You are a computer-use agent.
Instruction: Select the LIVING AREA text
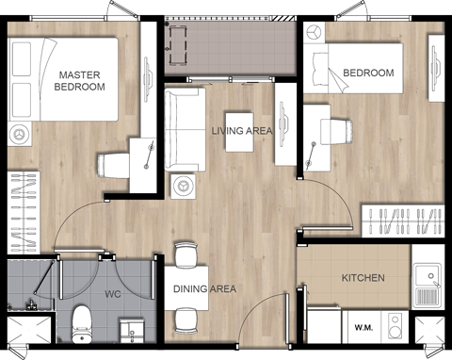click(x=242, y=132)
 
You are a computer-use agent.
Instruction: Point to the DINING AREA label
click(x=204, y=288)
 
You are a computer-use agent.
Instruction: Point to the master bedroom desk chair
click(x=115, y=165)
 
